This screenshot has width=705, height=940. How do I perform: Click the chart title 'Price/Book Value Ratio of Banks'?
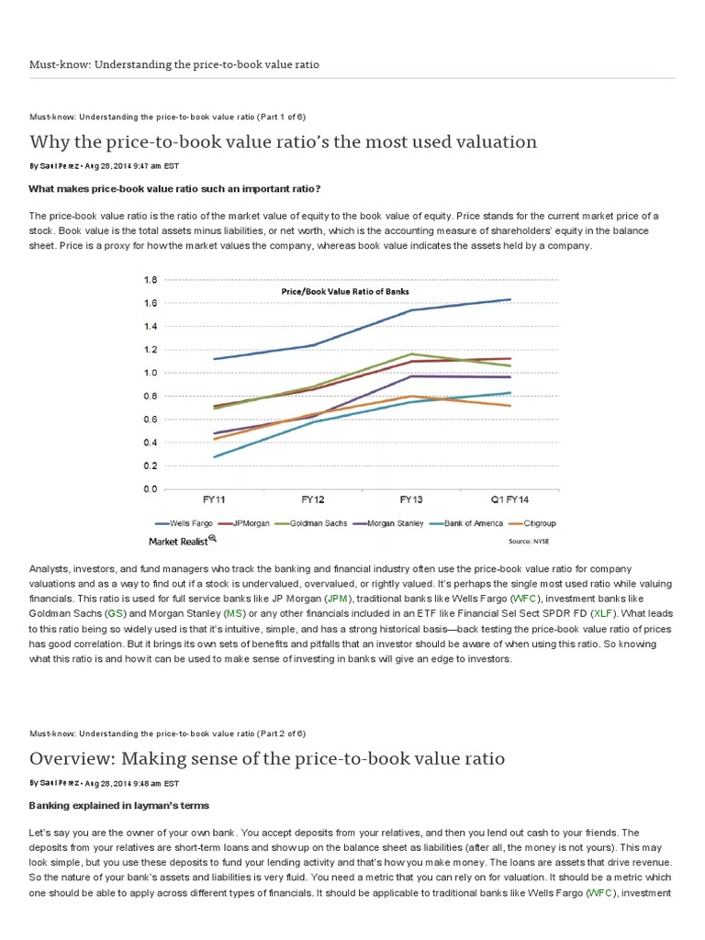(x=344, y=291)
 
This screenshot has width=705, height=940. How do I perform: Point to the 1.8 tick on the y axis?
(x=151, y=279)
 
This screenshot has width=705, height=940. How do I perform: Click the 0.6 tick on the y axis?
(x=151, y=420)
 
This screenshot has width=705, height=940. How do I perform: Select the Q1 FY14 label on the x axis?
(x=509, y=499)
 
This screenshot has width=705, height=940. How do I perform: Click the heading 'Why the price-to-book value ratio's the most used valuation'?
(x=283, y=141)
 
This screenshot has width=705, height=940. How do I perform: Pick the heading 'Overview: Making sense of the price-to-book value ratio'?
(x=266, y=758)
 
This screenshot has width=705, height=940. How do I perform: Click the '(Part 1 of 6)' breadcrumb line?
(x=167, y=117)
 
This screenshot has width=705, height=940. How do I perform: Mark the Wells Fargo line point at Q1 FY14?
(x=509, y=299)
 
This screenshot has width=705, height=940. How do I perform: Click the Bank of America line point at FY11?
(x=214, y=457)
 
